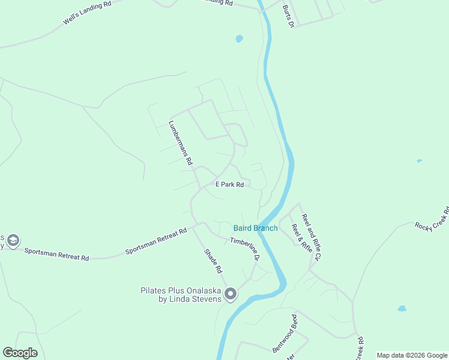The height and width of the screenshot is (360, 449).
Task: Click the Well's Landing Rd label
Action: click(87, 13)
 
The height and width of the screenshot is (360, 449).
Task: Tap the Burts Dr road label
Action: click(288, 17)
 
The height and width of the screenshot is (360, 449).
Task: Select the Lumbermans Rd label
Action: click(180, 143)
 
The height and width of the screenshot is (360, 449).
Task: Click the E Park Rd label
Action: click(229, 185)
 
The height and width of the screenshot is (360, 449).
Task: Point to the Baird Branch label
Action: click(256, 228)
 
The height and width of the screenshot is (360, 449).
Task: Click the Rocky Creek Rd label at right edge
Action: click(432, 219)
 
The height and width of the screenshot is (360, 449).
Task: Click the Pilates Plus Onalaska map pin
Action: click(231, 294)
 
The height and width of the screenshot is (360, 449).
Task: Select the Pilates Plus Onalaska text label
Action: click(181, 295)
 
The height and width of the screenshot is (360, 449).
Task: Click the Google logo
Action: click(20, 353)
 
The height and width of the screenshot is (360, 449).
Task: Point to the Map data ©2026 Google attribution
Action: click(412, 355)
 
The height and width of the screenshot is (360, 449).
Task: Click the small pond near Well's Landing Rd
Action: click(240, 39)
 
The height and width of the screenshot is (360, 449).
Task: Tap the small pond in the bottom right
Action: click(402, 308)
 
